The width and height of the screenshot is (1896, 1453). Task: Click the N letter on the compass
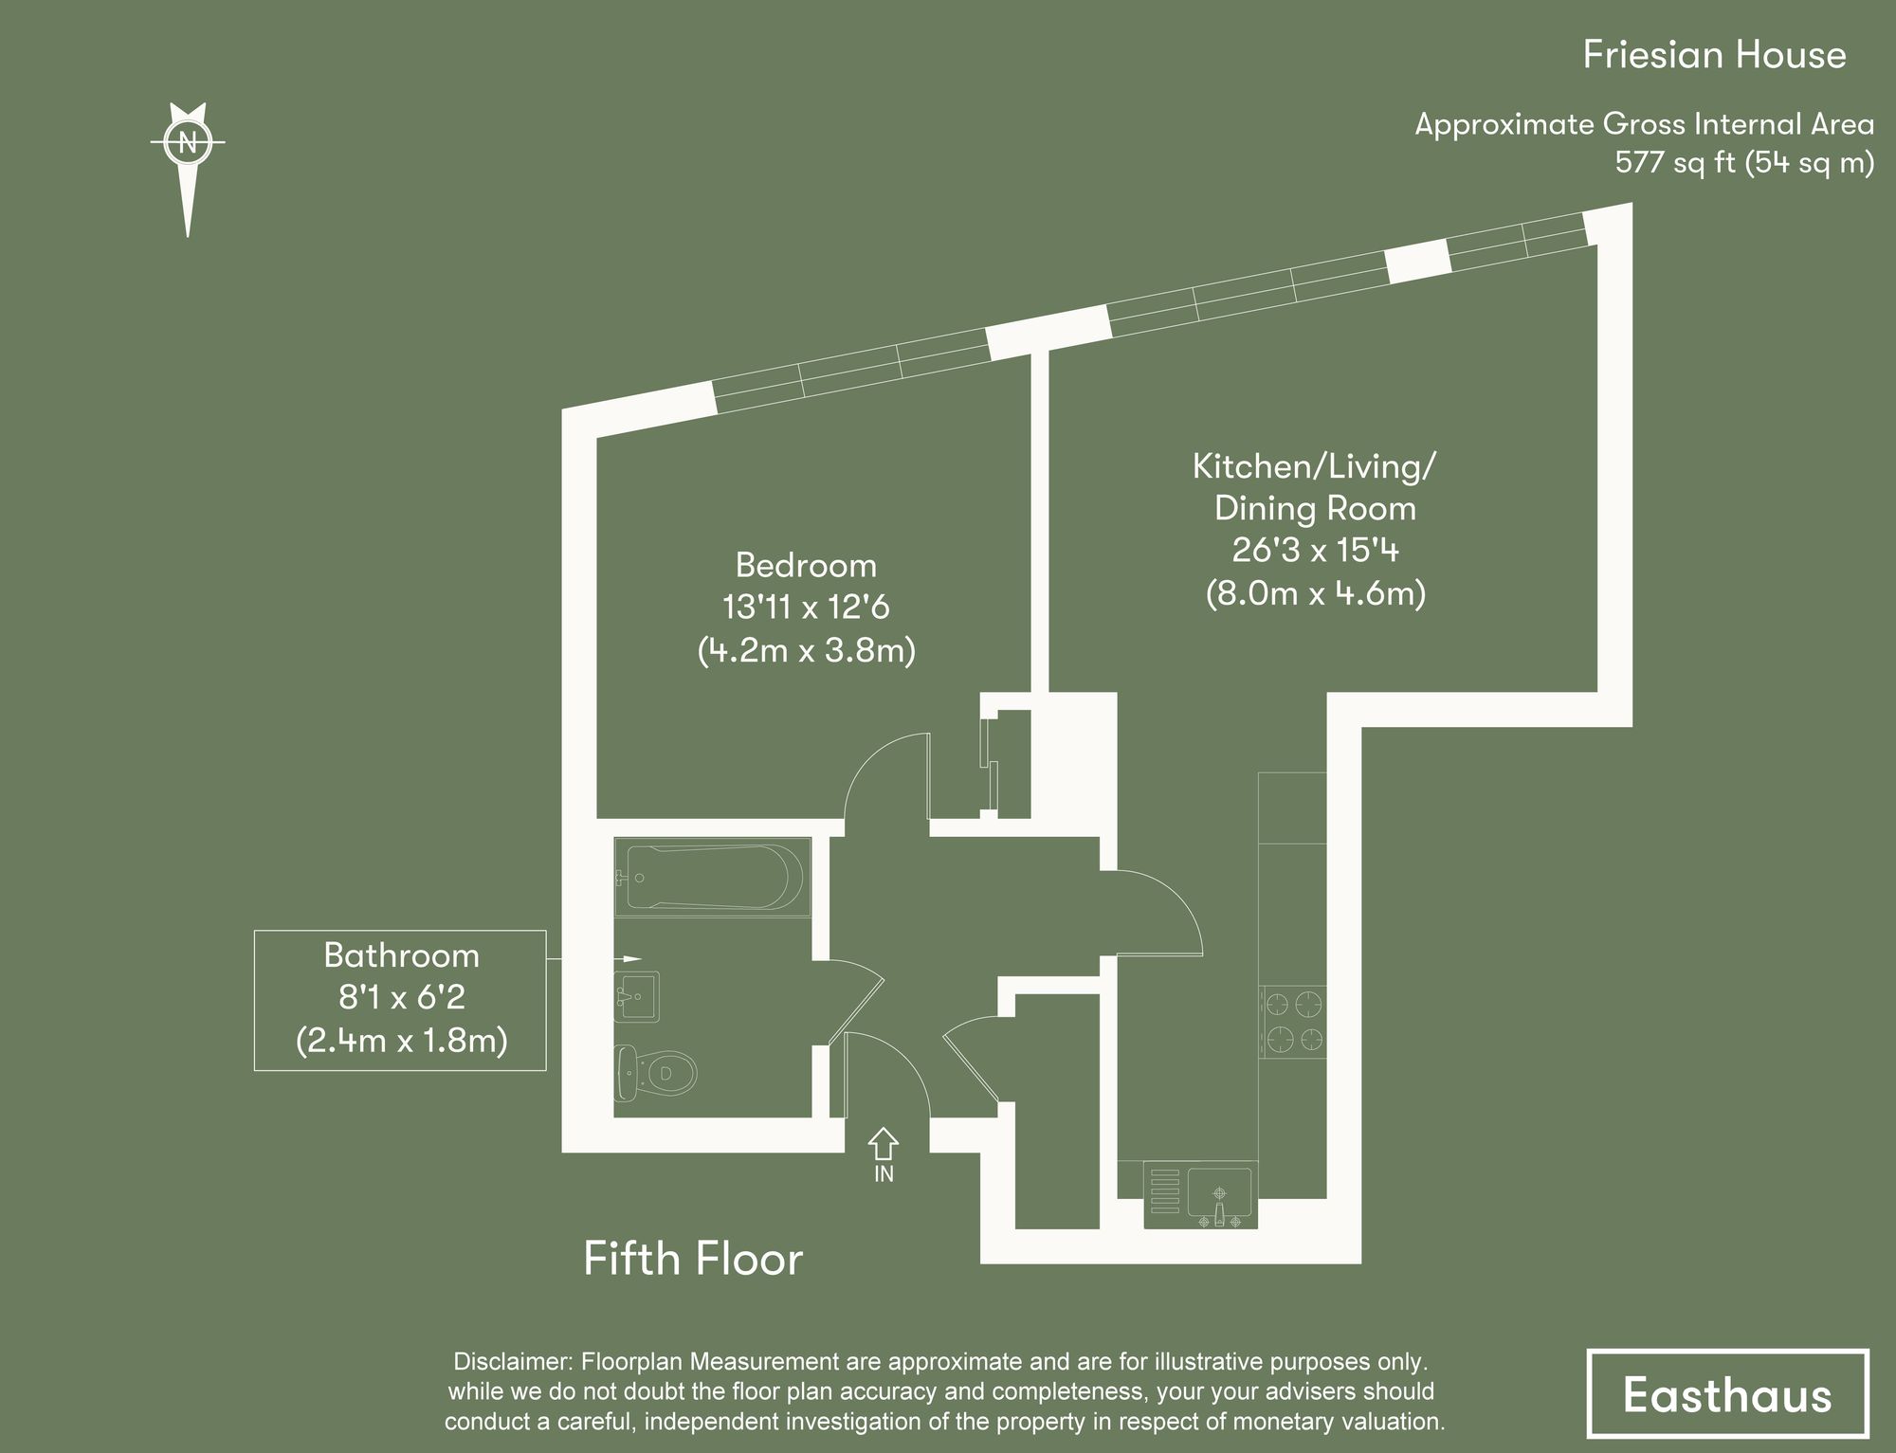pyautogui.click(x=188, y=142)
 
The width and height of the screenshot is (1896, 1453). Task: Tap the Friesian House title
pyautogui.click(x=1714, y=55)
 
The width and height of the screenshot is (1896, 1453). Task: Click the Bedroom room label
pyautogui.click(x=806, y=566)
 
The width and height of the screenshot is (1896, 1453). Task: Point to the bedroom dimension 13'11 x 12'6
pyautogui.click(x=806, y=608)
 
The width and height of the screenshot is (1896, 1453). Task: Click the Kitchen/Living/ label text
pyautogui.click(x=1314, y=466)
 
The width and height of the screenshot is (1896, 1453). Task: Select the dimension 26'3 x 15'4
pyautogui.click(x=1315, y=551)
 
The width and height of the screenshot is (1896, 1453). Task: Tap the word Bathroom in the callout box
pyautogui.click(x=401, y=955)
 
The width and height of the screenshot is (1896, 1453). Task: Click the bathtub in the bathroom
pyautogui.click(x=711, y=878)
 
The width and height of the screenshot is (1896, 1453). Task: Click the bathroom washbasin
pyautogui.click(x=638, y=996)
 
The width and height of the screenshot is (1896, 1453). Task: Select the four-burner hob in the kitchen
pyautogui.click(x=1293, y=1022)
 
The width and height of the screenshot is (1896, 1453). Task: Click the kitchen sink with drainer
pyautogui.click(x=1200, y=1194)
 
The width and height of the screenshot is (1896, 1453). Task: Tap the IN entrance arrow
pyautogui.click(x=884, y=1144)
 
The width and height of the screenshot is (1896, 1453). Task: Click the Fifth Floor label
pyautogui.click(x=693, y=1259)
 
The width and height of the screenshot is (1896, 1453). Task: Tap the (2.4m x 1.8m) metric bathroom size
pyautogui.click(x=401, y=1041)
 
